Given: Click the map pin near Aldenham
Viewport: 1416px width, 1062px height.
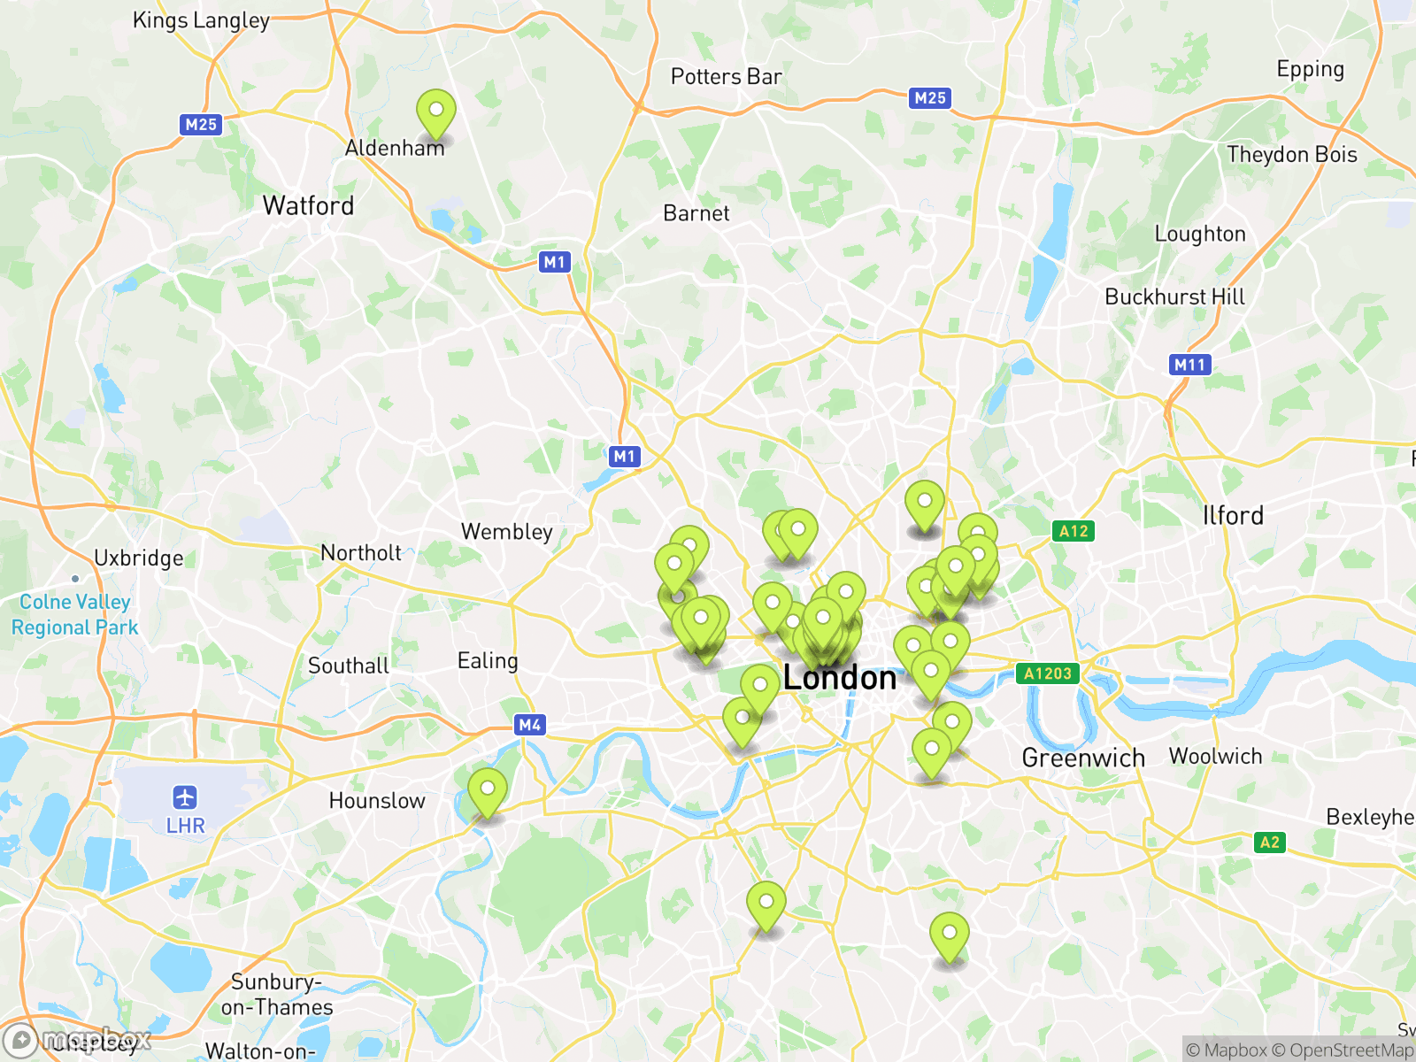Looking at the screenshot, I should pos(436,113).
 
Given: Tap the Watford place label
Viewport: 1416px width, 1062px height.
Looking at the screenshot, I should pos(308,206).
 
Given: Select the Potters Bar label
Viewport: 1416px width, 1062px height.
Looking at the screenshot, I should pos(726,77).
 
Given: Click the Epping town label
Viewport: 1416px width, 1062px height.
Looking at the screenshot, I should pos(1310,70).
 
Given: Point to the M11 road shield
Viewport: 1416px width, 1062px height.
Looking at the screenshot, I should pos(1189,365).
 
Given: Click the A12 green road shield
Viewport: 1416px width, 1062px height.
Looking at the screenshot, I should pos(1074,531).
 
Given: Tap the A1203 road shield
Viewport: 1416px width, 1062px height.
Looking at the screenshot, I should pos(1048,673).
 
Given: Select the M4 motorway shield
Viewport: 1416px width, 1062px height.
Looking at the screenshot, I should pos(529,725).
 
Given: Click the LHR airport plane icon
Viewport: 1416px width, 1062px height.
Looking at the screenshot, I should pos(185,797).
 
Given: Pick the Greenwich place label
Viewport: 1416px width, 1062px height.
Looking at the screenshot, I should pos(1083,758).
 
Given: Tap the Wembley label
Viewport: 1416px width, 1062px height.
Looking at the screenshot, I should pos(507,532).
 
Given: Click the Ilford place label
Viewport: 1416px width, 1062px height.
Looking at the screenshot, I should pos(1233,516).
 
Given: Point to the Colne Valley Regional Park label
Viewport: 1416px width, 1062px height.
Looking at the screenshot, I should pos(75,614).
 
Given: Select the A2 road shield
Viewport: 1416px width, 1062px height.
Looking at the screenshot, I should pos(1269,843).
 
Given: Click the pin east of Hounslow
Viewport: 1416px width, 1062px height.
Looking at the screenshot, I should pos(488,790).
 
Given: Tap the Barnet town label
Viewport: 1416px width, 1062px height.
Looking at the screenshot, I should pos(696,213).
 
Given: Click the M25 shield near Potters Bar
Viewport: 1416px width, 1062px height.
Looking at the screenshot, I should pos(930,98).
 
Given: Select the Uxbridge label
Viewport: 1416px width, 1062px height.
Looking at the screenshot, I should pos(139,558).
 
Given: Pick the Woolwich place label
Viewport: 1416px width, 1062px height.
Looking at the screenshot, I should pos(1215,756).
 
